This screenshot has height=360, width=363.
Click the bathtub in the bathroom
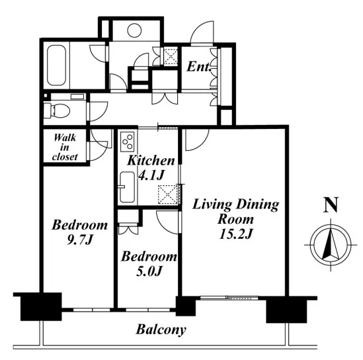[56, 66]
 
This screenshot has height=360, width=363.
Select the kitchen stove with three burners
[128, 142]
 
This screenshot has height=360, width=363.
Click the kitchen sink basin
[127, 187]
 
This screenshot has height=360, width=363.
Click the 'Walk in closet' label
[65, 148]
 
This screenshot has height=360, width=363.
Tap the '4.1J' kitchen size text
[151, 175]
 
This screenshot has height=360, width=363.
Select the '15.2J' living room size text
[235, 234]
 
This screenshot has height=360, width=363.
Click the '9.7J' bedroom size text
[79, 240]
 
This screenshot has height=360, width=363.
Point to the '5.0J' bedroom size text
[149, 271]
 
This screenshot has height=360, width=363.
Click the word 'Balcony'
[161, 330]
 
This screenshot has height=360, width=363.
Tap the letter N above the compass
[331, 205]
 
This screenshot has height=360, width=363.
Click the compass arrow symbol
[331, 245]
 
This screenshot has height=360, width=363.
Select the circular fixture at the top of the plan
[134, 30]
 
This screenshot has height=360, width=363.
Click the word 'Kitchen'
[151, 161]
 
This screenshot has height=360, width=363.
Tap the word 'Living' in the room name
[212, 204]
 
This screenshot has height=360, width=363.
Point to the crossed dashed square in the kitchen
[167, 195]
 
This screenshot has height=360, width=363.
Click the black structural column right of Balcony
[286, 310]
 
